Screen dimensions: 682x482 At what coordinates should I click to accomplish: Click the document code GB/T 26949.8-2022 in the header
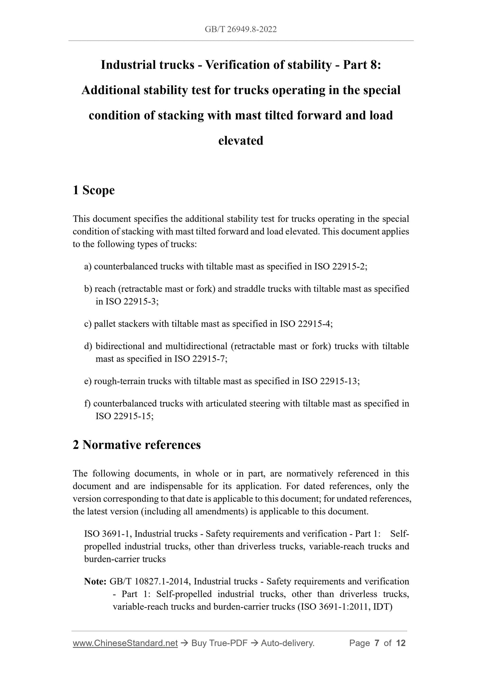240,30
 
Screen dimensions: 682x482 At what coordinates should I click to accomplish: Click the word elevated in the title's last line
240,140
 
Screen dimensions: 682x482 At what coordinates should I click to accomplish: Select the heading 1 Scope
94,190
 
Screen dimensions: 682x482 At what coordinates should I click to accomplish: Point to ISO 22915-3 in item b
131,301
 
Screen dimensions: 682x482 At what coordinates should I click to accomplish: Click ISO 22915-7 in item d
199,359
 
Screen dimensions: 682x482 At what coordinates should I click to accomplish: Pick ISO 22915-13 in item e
330,381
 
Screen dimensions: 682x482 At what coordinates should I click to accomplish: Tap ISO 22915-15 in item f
124,416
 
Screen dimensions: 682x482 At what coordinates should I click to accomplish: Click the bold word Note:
95,582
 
